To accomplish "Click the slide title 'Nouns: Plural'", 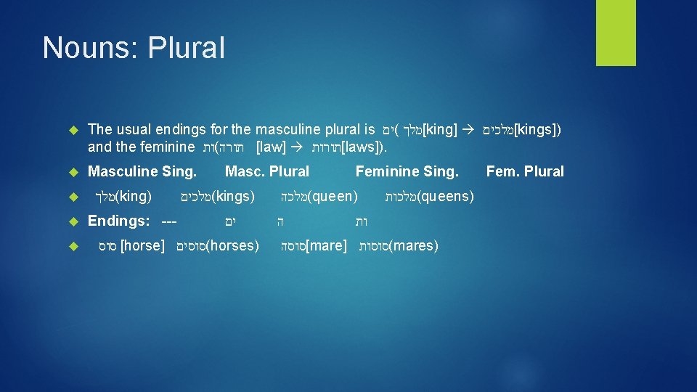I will coord(134,48).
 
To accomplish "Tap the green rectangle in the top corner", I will coord(616,33).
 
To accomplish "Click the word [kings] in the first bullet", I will coord(537,130).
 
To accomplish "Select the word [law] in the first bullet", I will coord(271,147).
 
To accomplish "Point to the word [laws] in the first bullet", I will coord(364,147).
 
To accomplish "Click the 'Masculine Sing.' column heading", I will coord(142,172).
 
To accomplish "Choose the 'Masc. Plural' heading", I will coord(267,172).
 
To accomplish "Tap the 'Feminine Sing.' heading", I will coord(407,172).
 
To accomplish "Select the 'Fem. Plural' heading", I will coord(525,172).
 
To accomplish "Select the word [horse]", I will coord(142,246).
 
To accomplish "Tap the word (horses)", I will coord(233,246).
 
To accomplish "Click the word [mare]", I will coord(326,246).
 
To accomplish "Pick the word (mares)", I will coord(414,246).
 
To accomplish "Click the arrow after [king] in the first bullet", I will coord(469,130).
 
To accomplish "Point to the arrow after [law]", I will coord(298,147).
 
